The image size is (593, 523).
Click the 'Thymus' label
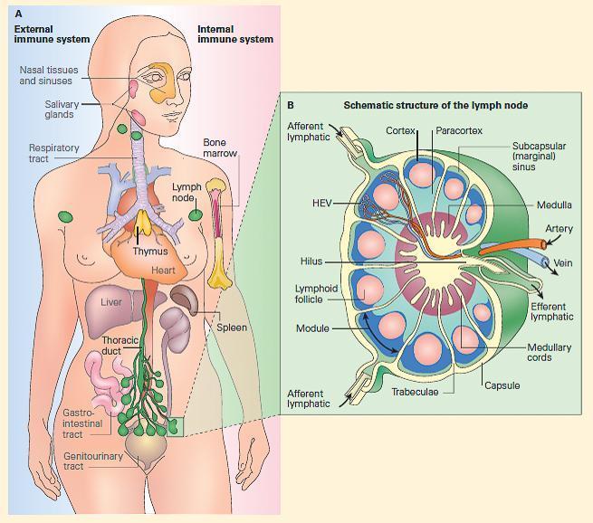coord(150,252)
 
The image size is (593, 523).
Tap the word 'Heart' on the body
coord(163,270)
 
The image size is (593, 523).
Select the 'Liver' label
coord(111,302)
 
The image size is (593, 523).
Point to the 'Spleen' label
coord(232,328)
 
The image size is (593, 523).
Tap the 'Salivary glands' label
coord(62,109)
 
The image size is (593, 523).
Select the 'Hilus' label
coord(311,261)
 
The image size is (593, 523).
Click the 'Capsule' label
coord(502,385)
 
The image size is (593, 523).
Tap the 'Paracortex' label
coord(459,131)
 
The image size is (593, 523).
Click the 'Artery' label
coord(559,229)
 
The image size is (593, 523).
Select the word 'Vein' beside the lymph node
coord(562,263)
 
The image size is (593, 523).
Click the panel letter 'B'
coord(290,105)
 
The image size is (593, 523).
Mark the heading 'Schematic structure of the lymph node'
coord(435,105)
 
